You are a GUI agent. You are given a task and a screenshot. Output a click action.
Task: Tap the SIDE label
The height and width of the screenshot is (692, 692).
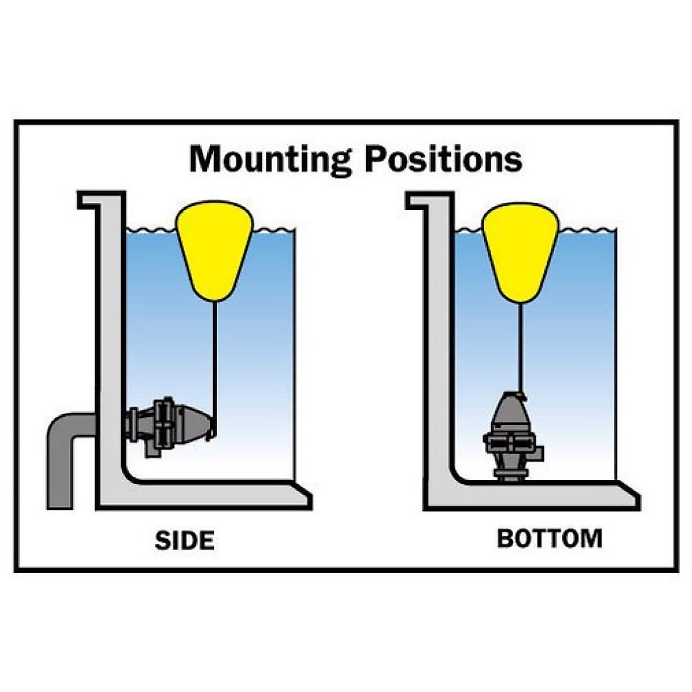[185, 540]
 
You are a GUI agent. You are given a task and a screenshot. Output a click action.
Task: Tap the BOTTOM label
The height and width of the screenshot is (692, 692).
[550, 538]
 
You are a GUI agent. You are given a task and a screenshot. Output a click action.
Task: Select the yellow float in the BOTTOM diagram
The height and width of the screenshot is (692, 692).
[520, 251]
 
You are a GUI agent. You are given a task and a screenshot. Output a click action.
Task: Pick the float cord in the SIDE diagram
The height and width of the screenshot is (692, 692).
[215, 358]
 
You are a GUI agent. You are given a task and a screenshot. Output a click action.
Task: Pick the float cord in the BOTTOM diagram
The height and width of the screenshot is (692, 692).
[520, 346]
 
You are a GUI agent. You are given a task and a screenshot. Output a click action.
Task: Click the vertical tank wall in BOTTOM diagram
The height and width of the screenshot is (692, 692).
[441, 346]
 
